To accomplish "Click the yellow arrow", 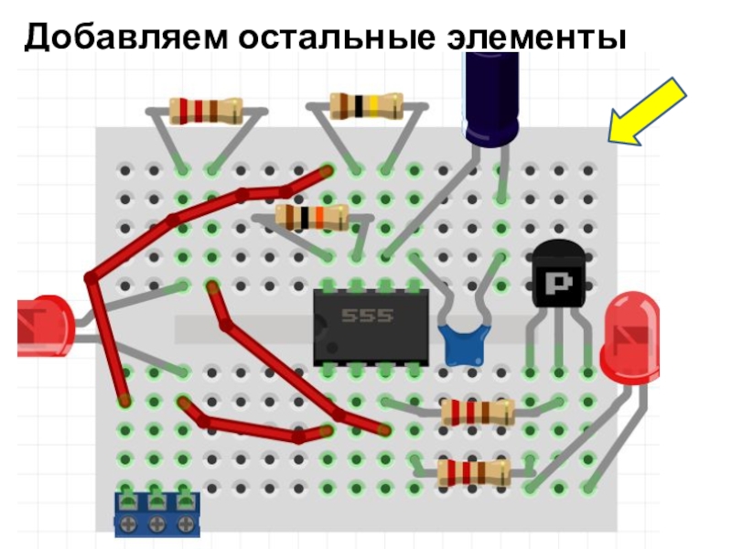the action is [647, 112].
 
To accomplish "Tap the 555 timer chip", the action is [371, 328].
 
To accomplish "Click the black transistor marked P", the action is [559, 275].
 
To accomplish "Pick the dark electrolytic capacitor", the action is [490, 97].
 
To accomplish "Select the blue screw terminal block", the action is [157, 514].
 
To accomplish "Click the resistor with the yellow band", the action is [367, 106].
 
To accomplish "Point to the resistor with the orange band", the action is [312, 217].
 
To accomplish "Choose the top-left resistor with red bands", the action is [206, 111].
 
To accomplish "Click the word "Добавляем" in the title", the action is [126, 37].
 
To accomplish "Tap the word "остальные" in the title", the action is [336, 37].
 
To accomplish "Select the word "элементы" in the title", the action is [536, 38].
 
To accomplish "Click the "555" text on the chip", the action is [367, 316].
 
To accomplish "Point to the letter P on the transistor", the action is [559, 283].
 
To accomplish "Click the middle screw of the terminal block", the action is [156, 523].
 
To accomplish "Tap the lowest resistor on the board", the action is [473, 472].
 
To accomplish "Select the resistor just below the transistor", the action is [478, 412].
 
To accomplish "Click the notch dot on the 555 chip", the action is [332, 348].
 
